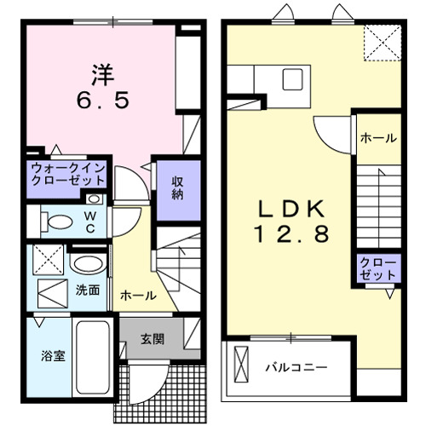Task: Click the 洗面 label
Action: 88,290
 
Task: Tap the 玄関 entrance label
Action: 153,337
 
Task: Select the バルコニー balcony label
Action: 296,368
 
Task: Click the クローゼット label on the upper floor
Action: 372,269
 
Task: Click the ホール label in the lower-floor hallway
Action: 138,296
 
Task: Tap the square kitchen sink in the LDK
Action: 290,78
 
